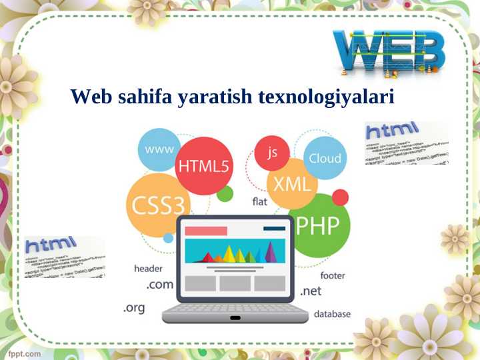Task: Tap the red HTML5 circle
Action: point(203,166)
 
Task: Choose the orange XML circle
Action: point(292,182)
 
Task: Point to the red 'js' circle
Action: point(272,153)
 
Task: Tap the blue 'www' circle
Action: point(159,149)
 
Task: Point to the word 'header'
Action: point(148,269)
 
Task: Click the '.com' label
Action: point(159,285)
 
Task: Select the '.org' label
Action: point(134,308)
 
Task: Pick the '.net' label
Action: point(311,291)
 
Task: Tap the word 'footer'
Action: point(332,275)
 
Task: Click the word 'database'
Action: point(332,313)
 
